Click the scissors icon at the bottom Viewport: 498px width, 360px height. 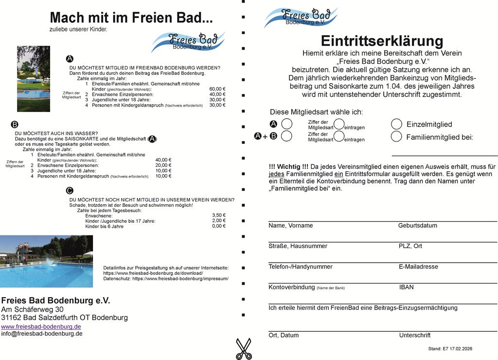[243, 349]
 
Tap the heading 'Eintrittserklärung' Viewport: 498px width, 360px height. [382, 40]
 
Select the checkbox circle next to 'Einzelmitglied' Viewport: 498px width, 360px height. [396, 124]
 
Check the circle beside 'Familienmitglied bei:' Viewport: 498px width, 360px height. [396, 137]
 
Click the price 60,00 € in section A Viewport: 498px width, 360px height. [217, 89]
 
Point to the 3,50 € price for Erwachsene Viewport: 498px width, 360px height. [219, 215]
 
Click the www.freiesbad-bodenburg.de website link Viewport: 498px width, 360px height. [41, 326]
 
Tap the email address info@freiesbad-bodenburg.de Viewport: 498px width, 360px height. [42, 334]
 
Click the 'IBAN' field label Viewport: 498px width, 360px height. [406, 287]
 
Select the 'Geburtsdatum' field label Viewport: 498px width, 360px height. [417, 226]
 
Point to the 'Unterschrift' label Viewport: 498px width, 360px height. [414, 335]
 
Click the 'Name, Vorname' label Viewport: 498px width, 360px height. [290, 226]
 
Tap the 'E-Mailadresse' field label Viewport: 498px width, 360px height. [418, 267]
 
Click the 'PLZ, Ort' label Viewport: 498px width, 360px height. [410, 246]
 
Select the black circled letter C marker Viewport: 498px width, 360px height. [70, 191]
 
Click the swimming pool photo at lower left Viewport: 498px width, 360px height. [46, 261]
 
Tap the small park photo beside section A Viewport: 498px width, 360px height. [33, 78]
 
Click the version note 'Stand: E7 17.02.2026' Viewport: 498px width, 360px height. [450, 349]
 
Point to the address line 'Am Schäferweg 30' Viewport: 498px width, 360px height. [32, 309]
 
